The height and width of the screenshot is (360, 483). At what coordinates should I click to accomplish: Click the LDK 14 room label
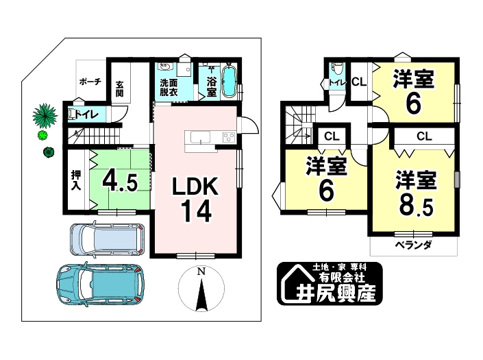pyautogui.click(x=195, y=200)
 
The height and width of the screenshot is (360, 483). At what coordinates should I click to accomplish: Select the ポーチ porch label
pyautogui.click(x=90, y=81)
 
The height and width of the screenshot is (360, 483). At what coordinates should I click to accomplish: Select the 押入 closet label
pyautogui.click(x=75, y=180)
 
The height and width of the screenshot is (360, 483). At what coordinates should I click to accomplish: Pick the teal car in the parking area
pyautogui.click(x=101, y=283)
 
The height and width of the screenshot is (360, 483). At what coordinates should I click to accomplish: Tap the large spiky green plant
pyautogui.click(x=45, y=115)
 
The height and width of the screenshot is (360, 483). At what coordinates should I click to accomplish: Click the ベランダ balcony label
pyautogui.click(x=413, y=245)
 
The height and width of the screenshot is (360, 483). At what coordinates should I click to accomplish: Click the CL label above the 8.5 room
pyautogui.click(x=423, y=136)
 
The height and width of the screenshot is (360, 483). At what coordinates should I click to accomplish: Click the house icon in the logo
pyautogui.click(x=293, y=283)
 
